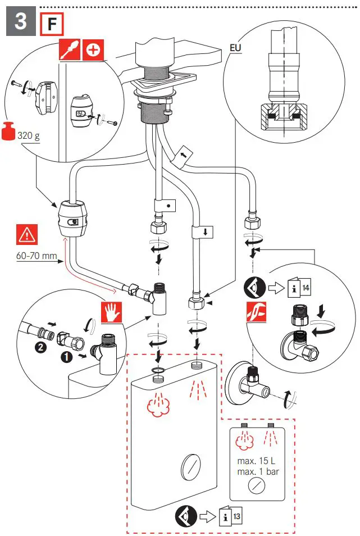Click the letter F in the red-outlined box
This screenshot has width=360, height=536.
pyautogui.click(x=52, y=24)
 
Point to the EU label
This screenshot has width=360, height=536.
pyautogui.click(x=235, y=48)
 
